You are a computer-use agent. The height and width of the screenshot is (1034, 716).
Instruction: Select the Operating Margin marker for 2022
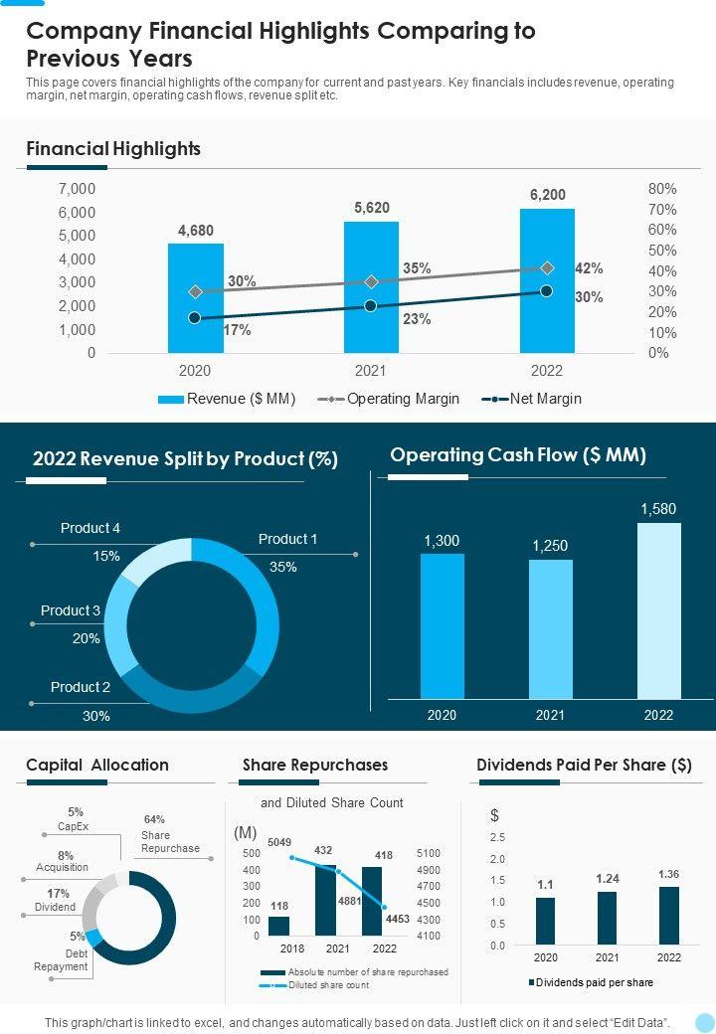(x=547, y=268)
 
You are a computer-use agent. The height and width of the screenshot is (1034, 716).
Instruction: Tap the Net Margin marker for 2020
(x=195, y=318)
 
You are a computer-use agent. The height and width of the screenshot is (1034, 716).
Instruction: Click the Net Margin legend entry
(x=532, y=399)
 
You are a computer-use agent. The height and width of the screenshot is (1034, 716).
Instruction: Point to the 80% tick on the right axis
(x=661, y=189)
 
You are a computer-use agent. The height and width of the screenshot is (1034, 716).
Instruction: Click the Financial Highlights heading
(x=113, y=149)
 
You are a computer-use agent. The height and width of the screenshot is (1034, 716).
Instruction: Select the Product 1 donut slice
(x=261, y=606)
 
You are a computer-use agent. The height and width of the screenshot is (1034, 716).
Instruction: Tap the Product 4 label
(x=90, y=528)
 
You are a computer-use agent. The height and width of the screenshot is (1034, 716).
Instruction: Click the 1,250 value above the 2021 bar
(x=550, y=546)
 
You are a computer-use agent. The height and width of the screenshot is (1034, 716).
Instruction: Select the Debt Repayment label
(x=62, y=959)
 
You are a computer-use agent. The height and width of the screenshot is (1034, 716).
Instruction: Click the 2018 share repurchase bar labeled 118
(x=279, y=926)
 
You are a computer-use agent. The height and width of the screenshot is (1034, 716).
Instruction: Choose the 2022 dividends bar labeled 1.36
(x=669, y=915)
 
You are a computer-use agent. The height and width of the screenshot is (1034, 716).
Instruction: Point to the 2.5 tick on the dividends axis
(x=497, y=837)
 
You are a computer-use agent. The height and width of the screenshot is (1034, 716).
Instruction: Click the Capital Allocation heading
(x=97, y=765)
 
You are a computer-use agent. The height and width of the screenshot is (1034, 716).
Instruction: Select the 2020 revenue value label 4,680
(x=195, y=231)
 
